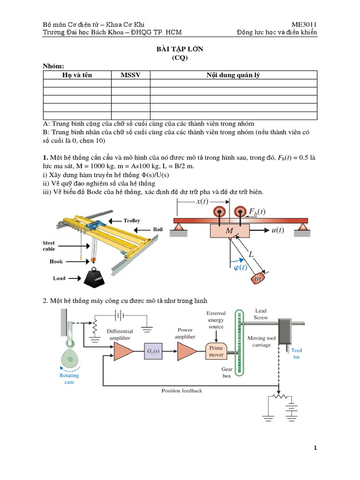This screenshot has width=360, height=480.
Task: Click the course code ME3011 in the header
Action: click(304, 24)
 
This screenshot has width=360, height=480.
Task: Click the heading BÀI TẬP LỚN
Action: click(180, 50)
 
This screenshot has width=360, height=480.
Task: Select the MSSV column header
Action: click(130, 75)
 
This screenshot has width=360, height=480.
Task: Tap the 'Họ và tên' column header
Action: click(77, 75)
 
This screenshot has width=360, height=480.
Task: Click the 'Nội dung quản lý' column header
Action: click(233, 75)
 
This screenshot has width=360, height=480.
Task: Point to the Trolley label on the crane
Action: click(132, 220)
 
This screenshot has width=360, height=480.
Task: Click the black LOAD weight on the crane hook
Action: click(96, 277)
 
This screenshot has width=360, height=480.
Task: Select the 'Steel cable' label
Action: click(49, 246)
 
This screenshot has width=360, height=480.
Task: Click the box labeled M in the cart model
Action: click(230, 231)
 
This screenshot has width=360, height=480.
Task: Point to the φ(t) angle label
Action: click(240, 268)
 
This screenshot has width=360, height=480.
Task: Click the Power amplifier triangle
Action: click(186, 351)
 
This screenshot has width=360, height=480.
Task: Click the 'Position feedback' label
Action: click(182, 390)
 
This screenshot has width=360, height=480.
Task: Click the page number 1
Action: click(315, 448)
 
